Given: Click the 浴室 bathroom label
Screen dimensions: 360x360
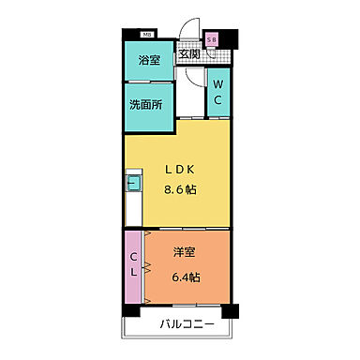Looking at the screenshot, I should click(x=149, y=63).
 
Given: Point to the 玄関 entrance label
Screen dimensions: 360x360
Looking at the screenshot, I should click(x=189, y=54).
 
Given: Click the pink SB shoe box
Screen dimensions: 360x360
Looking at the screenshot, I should click(x=212, y=39).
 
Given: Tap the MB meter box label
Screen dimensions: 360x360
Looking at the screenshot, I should click(x=149, y=36).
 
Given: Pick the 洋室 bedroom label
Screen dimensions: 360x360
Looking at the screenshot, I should click(x=184, y=253).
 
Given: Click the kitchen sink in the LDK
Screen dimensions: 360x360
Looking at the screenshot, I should click(x=132, y=184).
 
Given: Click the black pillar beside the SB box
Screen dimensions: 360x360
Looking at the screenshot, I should click(x=229, y=38).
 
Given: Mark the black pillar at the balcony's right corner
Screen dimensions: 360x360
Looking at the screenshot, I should click(x=233, y=309).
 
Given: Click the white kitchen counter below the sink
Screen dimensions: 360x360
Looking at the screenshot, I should click(x=132, y=206).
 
